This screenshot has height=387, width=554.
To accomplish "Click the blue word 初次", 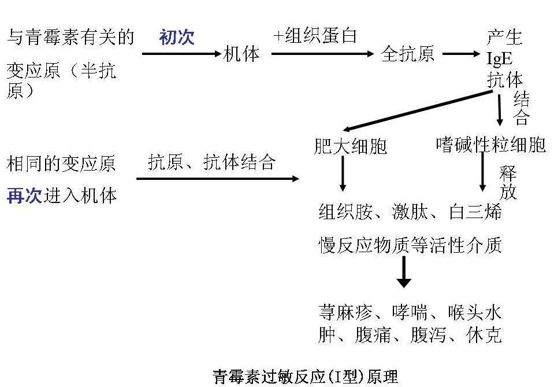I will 177,38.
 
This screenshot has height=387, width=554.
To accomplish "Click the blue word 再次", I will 24,196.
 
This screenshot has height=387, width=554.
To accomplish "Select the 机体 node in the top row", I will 241,54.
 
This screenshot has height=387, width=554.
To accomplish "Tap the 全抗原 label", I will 408,54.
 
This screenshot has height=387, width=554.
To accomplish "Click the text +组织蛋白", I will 315,36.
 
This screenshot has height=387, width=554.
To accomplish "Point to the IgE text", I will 500,58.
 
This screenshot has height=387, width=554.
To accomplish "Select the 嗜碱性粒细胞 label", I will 490,144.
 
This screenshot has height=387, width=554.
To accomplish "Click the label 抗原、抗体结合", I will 211,163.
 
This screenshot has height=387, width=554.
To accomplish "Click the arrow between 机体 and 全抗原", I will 322,54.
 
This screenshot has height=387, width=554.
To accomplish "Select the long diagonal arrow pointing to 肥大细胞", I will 414,110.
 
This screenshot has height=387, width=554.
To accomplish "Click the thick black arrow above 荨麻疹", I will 404,271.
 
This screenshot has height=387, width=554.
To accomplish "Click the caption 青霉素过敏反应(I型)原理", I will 305,377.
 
